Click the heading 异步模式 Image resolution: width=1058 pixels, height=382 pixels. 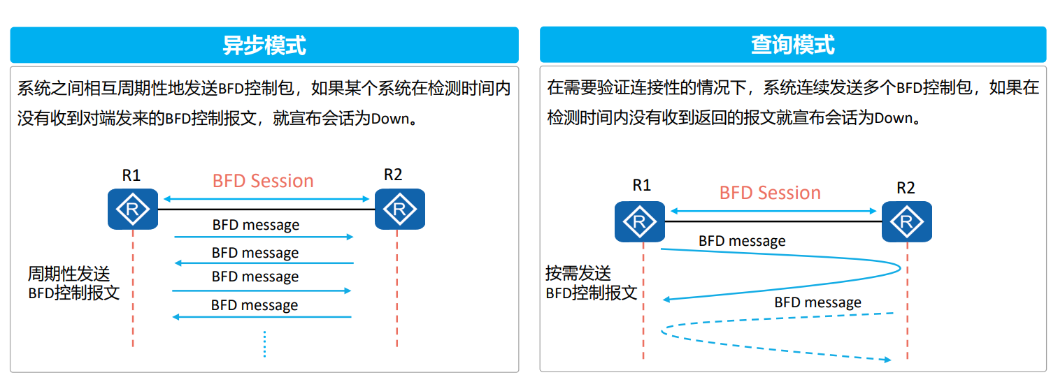[x=264, y=45]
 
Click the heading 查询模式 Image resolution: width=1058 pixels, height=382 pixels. [x=792, y=45]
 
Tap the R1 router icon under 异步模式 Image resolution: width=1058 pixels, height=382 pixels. [x=132, y=208]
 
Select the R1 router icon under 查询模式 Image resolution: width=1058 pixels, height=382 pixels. [x=639, y=221]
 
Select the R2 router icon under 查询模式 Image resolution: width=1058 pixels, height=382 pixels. [x=906, y=221]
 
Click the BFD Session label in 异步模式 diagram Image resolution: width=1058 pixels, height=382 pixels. [x=263, y=181]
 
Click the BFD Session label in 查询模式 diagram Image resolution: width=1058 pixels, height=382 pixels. [x=770, y=193]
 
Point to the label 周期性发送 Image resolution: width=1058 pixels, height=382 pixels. [x=69, y=273]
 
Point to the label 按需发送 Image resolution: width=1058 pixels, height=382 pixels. [x=578, y=273]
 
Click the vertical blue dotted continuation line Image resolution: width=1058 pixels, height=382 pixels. [x=264, y=344]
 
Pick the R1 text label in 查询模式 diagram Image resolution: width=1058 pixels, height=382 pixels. [x=641, y=185]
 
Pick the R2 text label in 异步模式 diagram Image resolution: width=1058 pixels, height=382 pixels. [x=393, y=175]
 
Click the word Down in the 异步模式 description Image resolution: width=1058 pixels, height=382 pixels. [x=389, y=118]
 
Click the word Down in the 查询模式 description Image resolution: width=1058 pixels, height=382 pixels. [x=893, y=118]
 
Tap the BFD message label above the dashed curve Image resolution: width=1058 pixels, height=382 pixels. [x=817, y=302]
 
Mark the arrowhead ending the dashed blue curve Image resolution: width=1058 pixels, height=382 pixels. [x=887, y=360]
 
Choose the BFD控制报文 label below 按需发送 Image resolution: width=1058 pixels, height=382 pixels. [x=592, y=293]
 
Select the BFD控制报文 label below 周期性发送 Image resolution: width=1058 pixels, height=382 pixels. [x=73, y=292]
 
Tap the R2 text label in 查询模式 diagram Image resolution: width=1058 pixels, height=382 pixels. [x=906, y=188]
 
